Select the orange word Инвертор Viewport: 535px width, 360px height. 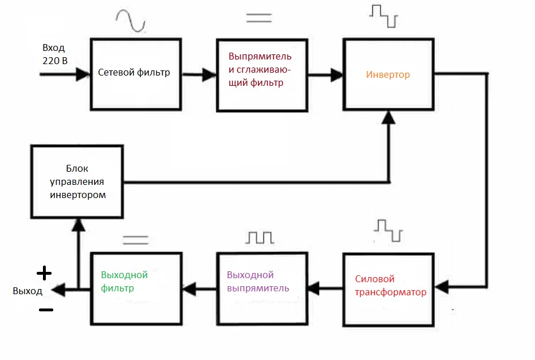click(x=388, y=75)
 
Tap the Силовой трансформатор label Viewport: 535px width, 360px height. click(x=390, y=286)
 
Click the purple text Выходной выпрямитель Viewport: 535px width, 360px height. click(x=257, y=281)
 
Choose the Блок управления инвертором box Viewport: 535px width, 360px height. click(x=76, y=182)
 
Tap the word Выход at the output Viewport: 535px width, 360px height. click(x=27, y=291)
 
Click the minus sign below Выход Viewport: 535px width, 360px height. click(x=46, y=310)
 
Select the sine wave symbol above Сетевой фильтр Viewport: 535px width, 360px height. click(x=130, y=21)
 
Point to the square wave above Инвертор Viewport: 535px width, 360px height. click(x=383, y=16)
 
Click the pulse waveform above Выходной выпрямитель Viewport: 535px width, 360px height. click(x=261, y=237)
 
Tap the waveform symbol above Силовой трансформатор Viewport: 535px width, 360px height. click(x=388, y=230)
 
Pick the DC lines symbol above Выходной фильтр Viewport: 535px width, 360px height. click(x=136, y=239)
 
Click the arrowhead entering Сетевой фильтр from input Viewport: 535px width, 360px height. click(x=84, y=74)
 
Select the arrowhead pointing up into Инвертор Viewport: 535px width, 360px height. click(x=389, y=117)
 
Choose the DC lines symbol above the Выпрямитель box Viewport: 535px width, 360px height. click(x=259, y=17)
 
